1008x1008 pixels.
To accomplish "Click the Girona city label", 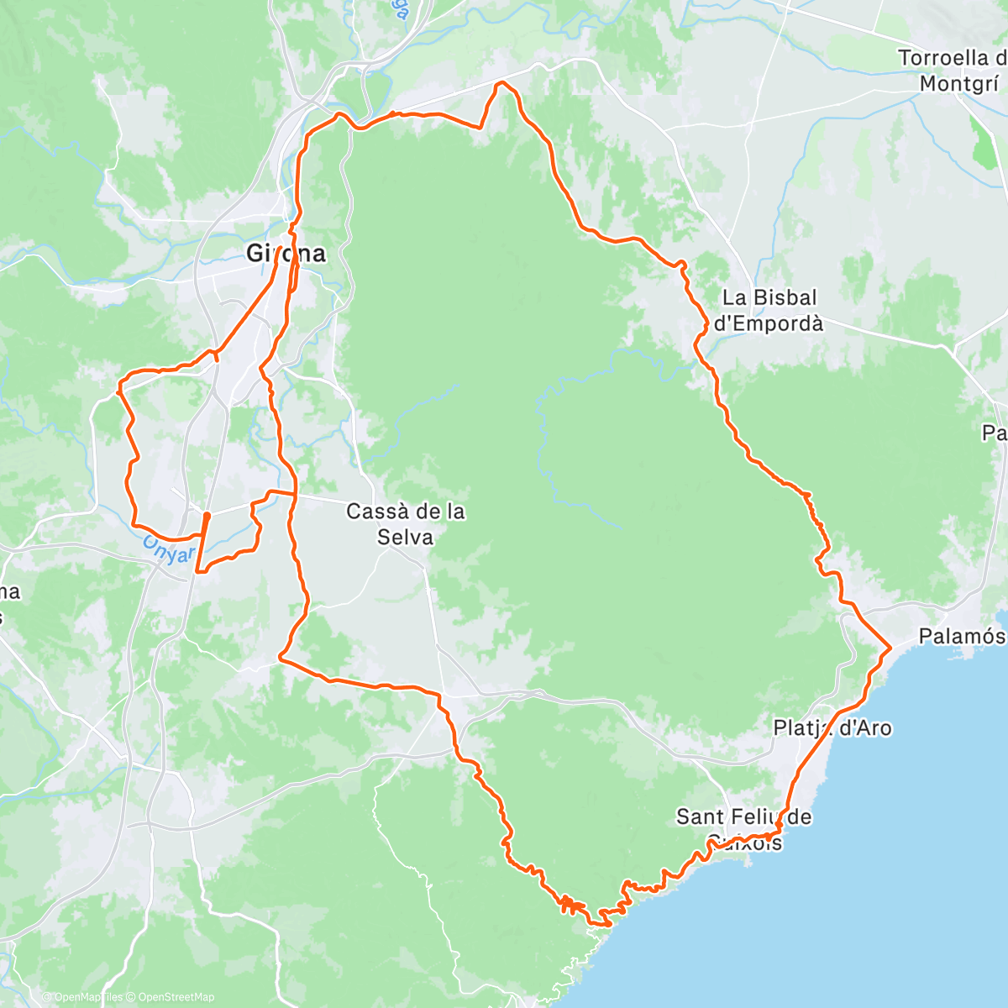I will click(286, 253).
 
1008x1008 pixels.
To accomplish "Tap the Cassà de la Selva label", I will click(406, 524).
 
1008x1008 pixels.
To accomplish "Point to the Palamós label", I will click(961, 636).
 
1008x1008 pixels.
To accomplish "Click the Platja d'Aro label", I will click(832, 727).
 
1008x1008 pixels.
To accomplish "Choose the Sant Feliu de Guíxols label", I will click(744, 827).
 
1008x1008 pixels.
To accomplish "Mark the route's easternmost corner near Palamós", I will click(890, 647).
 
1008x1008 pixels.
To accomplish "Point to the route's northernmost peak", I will click(501, 82).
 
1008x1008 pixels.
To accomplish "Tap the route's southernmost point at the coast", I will click(598, 924).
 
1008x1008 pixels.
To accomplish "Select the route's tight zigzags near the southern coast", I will click(569, 904).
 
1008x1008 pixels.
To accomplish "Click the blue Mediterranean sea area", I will click(882, 882).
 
